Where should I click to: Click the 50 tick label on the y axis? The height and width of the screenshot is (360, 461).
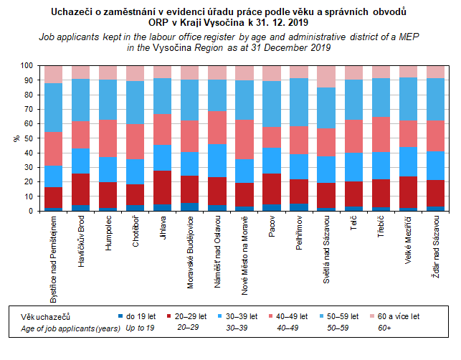[x=27, y=138]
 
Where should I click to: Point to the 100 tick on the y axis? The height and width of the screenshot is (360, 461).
[x=25, y=65]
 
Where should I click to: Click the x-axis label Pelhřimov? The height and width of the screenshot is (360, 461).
[x=299, y=237]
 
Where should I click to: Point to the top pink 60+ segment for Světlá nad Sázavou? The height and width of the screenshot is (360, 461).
[x=327, y=76]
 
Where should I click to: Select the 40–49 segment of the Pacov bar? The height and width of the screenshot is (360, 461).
[x=272, y=138]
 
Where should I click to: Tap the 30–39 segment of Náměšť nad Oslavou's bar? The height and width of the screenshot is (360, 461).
[x=218, y=161]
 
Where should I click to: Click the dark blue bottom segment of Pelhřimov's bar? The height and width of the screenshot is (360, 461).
[x=300, y=207]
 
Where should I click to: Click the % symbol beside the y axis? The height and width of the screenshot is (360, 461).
[x=16, y=138]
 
